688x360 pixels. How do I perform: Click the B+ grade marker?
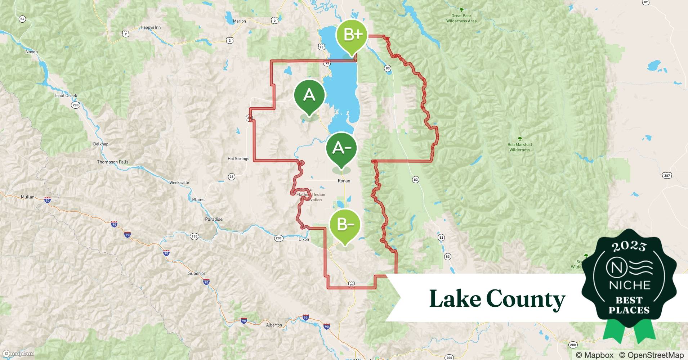352,35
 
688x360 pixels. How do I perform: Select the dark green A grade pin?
309,95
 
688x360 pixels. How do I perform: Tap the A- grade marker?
341,148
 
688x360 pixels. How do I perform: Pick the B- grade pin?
345,225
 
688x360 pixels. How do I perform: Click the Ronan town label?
344,181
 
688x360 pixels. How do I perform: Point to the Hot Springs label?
238,158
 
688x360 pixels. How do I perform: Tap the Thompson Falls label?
112,162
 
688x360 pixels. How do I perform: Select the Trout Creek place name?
66,96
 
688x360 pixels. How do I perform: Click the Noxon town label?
32,52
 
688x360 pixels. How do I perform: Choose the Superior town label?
197,273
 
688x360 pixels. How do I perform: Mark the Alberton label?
274,325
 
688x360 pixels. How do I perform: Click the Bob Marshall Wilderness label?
519,147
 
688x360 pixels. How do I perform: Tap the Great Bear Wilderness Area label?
461,18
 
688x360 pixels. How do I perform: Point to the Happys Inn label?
151,27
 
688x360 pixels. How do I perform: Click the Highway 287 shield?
667,175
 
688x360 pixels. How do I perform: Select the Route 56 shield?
22,19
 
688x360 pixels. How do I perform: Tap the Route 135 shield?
195,237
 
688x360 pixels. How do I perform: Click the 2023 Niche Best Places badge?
629,281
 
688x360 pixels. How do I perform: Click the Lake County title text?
497,299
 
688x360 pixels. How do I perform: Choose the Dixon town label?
304,239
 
